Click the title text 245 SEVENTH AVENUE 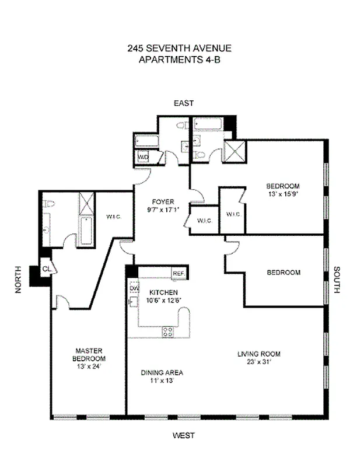click(x=183, y=49)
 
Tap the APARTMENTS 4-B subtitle click(x=183, y=60)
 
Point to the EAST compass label click(x=183, y=103)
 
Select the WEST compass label click(x=183, y=435)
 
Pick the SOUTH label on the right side click(x=337, y=280)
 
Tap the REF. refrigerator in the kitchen click(x=178, y=273)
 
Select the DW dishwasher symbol click(x=134, y=288)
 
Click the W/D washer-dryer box click(x=143, y=158)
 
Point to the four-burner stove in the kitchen click(x=167, y=332)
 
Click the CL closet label click(x=46, y=269)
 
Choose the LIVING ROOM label click(x=259, y=354)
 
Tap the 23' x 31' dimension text click(x=259, y=361)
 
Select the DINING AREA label click(x=162, y=372)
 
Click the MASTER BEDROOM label click(x=89, y=354)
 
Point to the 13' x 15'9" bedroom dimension click(x=283, y=194)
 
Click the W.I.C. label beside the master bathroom click(x=113, y=217)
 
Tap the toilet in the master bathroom click(x=48, y=204)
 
